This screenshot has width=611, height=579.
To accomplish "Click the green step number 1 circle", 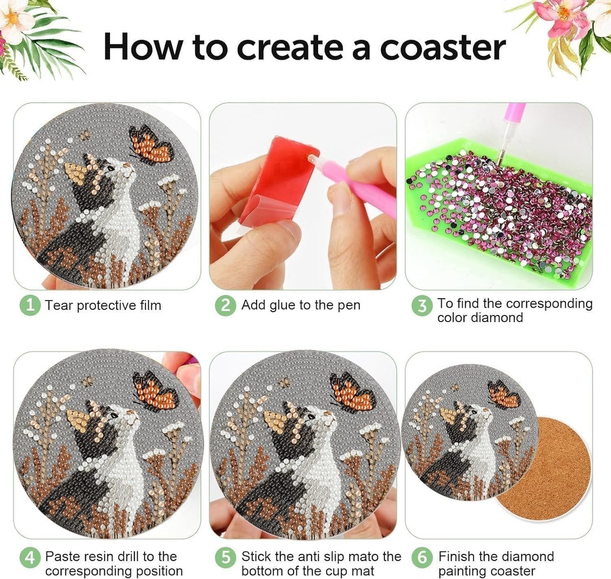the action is (30, 306).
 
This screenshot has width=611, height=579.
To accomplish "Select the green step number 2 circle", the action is (226, 306).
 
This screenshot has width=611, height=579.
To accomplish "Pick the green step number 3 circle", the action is (422, 306).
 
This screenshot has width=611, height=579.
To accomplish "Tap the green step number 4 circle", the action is (30, 558).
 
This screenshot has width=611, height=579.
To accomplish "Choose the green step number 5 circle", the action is (226, 558).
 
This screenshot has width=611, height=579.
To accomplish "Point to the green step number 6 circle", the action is (422, 558).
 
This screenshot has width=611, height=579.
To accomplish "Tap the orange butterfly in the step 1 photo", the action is (151, 144).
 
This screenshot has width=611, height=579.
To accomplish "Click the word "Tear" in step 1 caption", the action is (59, 306).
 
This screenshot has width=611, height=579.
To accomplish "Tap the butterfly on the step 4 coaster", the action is (156, 391).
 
